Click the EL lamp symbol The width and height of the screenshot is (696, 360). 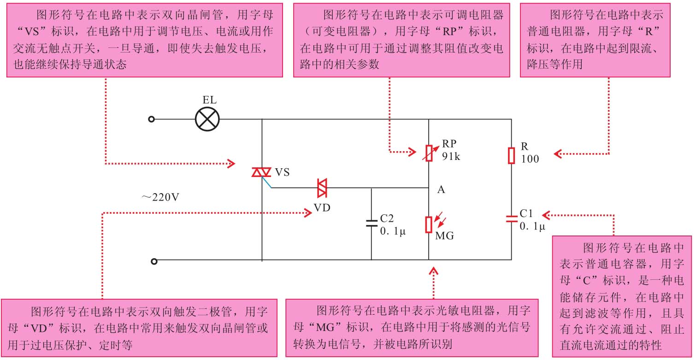(207, 119)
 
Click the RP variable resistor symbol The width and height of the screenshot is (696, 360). (429, 152)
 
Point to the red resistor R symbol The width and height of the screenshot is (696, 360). (511, 155)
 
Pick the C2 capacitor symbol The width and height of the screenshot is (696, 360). (372, 223)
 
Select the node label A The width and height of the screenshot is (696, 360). (441, 189)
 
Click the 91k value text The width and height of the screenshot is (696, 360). (451, 156)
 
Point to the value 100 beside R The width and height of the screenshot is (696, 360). (530, 159)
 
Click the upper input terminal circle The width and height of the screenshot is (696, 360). (151, 119)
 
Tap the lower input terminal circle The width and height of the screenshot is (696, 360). (154, 261)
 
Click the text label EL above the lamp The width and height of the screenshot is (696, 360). (209, 100)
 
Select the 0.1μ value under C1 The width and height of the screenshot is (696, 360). (532, 226)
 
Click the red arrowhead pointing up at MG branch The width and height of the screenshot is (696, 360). (433, 271)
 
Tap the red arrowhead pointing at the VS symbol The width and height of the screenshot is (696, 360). (232, 163)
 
